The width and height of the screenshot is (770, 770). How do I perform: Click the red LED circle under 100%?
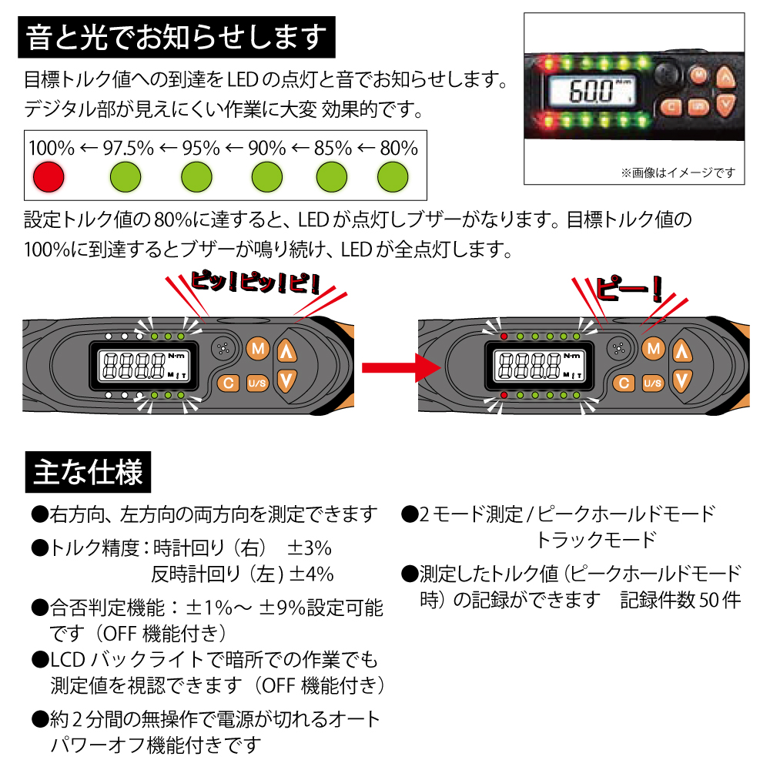48,178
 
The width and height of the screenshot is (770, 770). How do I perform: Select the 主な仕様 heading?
88,471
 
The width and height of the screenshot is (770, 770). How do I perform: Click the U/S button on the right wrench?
652,383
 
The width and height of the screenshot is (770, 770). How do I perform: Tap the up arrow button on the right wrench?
680,351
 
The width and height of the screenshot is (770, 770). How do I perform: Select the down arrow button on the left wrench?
286,380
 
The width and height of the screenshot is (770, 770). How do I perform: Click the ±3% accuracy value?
310,548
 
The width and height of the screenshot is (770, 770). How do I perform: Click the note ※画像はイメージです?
678,172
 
